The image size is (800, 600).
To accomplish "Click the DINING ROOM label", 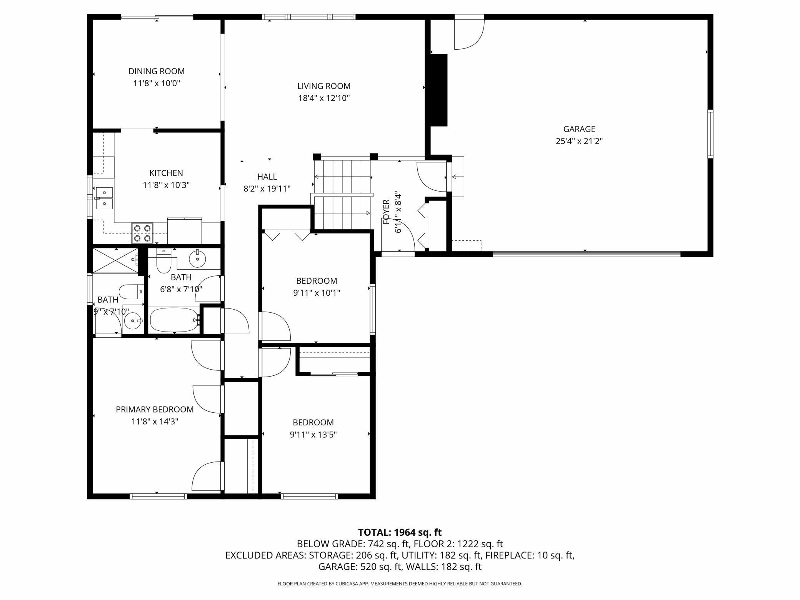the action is pos(157,71).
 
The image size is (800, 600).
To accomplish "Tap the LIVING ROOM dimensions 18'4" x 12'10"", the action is pos(324,98).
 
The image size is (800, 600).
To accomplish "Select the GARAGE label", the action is pos(579,129).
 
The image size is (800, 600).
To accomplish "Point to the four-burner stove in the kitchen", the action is pos(142,233).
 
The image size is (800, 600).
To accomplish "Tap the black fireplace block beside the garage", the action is pos(439,90).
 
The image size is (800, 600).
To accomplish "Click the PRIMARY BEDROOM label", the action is pos(155,410).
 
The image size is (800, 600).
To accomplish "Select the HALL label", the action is pos(267,177).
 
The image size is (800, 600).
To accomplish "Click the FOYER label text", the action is pos(386,212).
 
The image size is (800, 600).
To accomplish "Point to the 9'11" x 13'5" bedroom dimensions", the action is pos(313,435).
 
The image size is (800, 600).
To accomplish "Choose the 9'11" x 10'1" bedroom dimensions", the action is pos(317,293).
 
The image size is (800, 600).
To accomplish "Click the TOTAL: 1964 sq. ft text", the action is pos(400,532).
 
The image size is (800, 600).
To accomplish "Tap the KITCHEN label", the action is pos(166,173).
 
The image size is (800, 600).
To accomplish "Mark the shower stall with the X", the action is pos(116,260).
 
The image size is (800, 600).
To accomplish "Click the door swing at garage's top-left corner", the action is pos(469,35).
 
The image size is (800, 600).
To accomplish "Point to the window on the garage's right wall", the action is pos(710,134).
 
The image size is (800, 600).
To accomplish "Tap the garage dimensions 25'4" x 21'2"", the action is pos(579,141).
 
